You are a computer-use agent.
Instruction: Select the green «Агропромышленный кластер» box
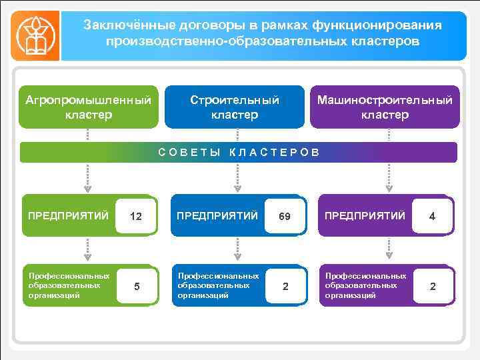click(89, 107)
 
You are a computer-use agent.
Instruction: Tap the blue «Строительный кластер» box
click(235, 107)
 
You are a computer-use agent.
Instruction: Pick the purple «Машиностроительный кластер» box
click(385, 107)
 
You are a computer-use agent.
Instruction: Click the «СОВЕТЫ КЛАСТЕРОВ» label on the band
click(239, 153)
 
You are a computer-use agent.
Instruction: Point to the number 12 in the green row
click(136, 216)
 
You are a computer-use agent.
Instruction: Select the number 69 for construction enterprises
click(285, 216)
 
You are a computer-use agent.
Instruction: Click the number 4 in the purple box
click(432, 216)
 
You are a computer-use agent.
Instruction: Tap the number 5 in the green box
click(137, 287)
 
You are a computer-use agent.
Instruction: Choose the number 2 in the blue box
click(285, 287)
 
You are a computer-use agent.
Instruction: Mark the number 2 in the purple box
click(433, 287)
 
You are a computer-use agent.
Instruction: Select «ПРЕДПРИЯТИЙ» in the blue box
click(217, 215)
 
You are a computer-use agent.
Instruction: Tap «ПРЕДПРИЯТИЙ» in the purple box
click(365, 215)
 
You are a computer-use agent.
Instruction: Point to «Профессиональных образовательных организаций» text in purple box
click(365, 285)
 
